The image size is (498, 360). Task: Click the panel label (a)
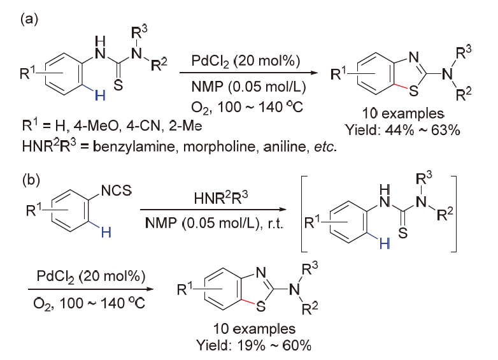pyautogui.click(x=29, y=19)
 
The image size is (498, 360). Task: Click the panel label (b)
pyautogui.click(x=31, y=180)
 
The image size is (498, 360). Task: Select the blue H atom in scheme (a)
pyautogui.click(x=101, y=95)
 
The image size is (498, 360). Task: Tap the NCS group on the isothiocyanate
pyautogui.click(x=117, y=191)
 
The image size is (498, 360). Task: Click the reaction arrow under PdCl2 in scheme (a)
pyautogui.click(x=249, y=73)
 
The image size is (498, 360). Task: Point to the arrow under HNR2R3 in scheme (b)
pyautogui.click(x=213, y=210)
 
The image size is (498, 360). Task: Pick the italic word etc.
pyautogui.click(x=325, y=147)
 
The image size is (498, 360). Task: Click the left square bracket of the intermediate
pyautogui.click(x=302, y=213)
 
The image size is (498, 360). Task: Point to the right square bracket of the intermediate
pyautogui.click(x=454, y=213)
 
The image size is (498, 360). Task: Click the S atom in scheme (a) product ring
pyautogui.click(x=413, y=91)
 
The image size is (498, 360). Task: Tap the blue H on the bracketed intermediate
pyautogui.click(x=385, y=243)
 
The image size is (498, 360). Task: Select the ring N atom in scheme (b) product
pyautogui.click(x=260, y=272)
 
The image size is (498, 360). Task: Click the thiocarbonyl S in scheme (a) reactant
pyautogui.click(x=118, y=85)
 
